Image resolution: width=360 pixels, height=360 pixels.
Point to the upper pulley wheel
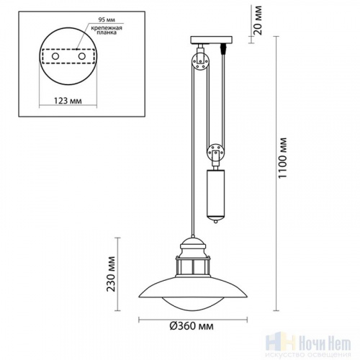(197, 66)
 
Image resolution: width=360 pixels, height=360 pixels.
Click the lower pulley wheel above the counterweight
(215, 153)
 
